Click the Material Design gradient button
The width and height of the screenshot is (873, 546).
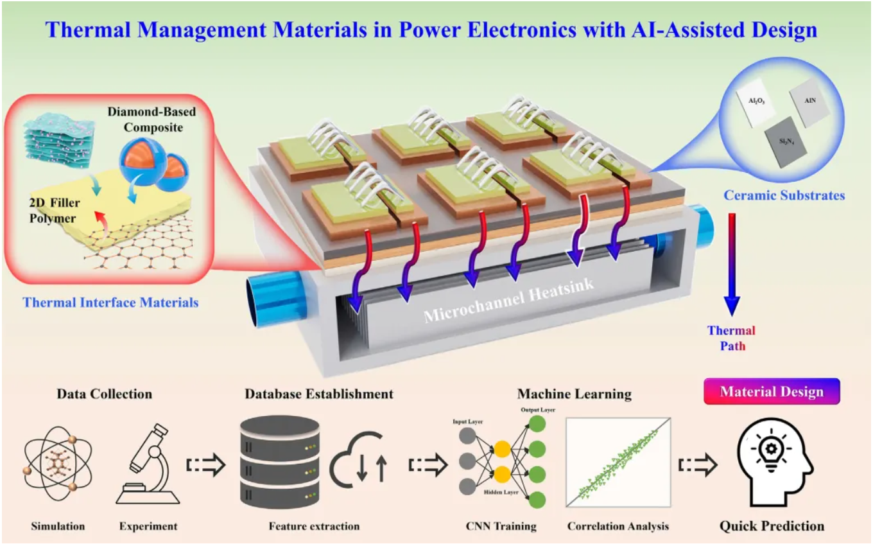pos(772,391)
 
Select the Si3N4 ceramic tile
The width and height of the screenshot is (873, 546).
pos(785,146)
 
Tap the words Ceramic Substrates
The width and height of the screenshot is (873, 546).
pos(784,195)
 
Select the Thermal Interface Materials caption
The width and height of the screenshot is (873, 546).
pos(110,301)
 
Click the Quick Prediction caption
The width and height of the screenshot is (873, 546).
pos(772,526)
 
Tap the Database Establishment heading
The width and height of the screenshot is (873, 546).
pos(318,393)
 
